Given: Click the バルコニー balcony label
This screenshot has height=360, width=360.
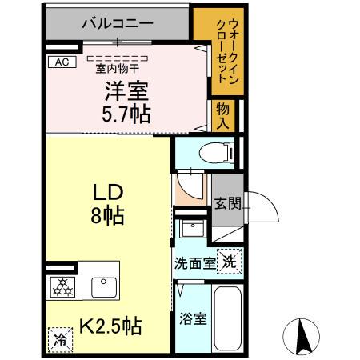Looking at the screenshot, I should pos(117,24).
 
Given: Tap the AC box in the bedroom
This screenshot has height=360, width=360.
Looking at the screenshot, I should pos(61,61).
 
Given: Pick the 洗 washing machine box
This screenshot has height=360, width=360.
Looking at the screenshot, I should pos(230,260).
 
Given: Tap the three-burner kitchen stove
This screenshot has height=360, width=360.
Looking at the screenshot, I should pos(62,286).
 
